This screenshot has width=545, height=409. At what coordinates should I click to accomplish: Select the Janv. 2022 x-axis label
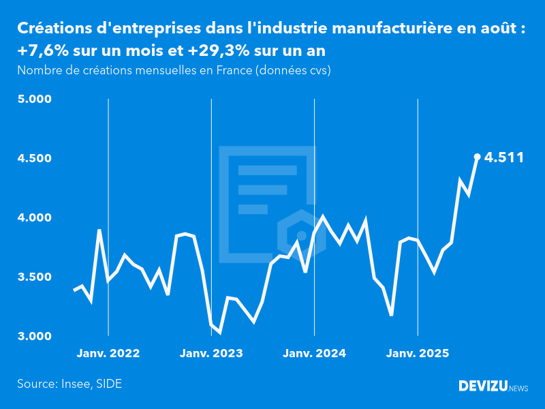pos(108,354)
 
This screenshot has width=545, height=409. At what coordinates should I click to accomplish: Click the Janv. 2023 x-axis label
pos(211,354)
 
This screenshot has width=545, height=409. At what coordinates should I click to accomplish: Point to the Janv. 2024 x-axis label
pos(314,354)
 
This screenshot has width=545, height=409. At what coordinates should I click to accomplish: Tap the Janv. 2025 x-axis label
pos(418,354)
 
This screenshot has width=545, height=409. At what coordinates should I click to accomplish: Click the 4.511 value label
pos(504,157)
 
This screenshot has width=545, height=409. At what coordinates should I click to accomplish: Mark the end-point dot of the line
pos(477,157)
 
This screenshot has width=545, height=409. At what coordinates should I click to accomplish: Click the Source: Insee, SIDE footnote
pos(69,384)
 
